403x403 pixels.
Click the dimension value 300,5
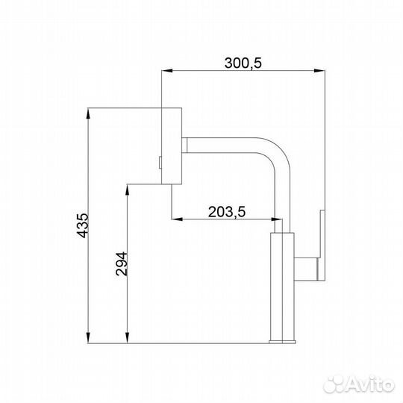pyautogui.click(x=243, y=63)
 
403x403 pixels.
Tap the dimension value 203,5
pyautogui.click(x=228, y=211)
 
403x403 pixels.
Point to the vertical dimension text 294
pyautogui.click(x=122, y=264)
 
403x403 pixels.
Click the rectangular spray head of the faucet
pyautogui.click(x=172, y=145)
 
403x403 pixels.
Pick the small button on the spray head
pyautogui.click(x=160, y=160)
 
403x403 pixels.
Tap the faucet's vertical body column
pyautogui.click(x=283, y=287)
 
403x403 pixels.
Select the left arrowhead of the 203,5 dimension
pyautogui.click(x=176, y=219)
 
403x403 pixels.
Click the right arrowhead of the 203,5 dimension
pyautogui.click(x=278, y=219)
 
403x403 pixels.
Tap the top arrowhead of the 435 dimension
pyautogui.click(x=89, y=113)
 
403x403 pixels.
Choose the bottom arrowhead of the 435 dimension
pyautogui.click(x=89, y=339)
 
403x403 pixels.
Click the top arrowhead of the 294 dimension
pyautogui.click(x=127, y=187)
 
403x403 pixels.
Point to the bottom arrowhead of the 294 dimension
pyautogui.click(x=127, y=339)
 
